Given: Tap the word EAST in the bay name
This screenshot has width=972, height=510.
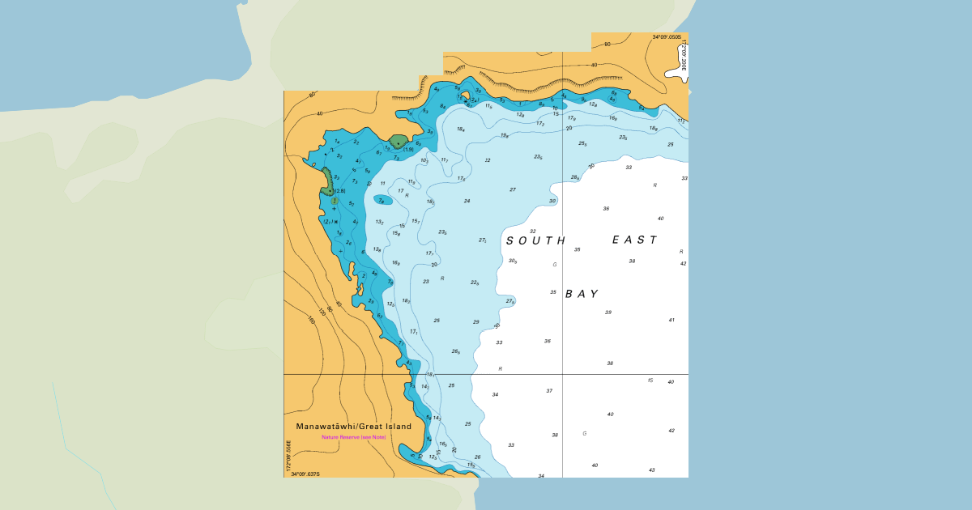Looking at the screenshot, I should point(634,240).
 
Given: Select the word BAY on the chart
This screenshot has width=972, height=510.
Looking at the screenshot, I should point(582,294).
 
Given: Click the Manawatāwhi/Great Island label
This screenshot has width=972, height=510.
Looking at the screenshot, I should point(353,427).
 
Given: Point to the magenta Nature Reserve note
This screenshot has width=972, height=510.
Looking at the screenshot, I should point(353,437).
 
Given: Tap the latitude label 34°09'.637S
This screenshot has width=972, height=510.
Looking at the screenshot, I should point(305,474).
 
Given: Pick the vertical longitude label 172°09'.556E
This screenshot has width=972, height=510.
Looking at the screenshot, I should point(288,455).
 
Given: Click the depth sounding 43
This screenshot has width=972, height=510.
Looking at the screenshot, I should point(651,470).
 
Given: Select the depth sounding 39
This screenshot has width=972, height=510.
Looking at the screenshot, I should point(607,312).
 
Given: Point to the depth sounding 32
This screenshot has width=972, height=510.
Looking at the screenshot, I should point(532,232).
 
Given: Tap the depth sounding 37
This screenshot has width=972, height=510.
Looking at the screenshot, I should point(549,391).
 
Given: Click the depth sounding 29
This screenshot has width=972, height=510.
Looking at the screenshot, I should point(476,322).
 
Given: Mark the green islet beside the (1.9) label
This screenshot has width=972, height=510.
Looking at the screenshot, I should point(398,142).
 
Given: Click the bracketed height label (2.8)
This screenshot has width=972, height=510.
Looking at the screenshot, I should point(340,191).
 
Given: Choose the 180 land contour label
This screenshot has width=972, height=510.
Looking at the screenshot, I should point(311,320).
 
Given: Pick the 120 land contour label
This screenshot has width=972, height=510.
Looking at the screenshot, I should point(322,312).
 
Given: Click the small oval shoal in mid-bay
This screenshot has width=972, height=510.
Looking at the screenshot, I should point(383,200).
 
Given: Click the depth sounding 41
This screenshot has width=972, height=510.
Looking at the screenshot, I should point(671,320).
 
